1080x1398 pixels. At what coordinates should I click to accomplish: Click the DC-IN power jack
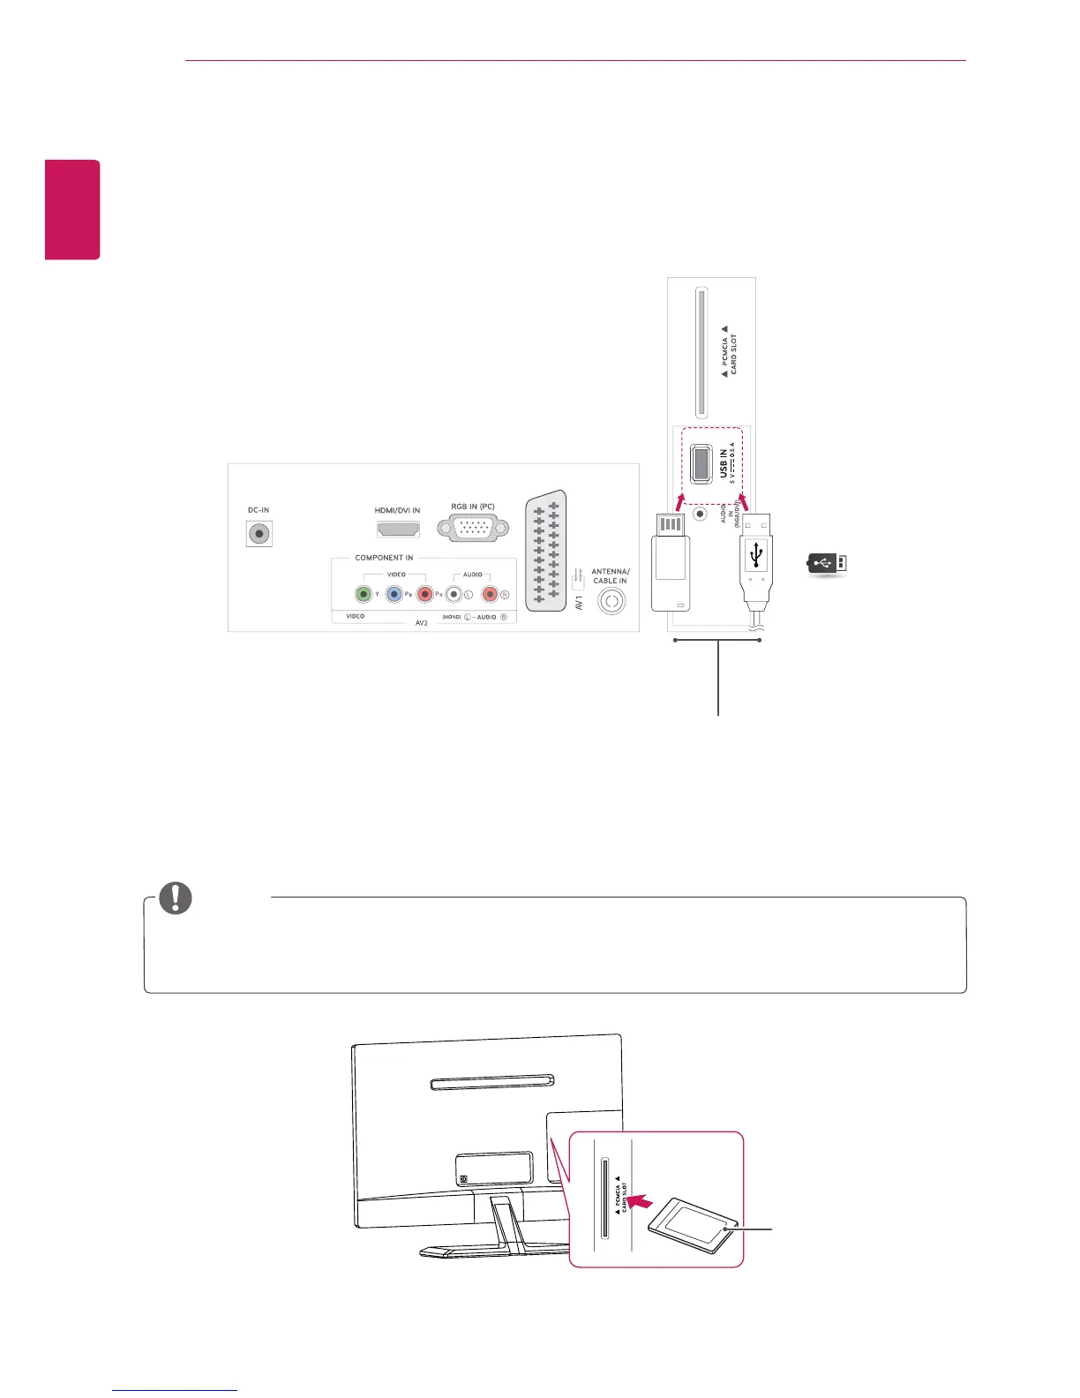pyautogui.click(x=259, y=534)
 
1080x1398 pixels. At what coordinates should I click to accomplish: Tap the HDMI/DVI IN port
pyautogui.click(x=398, y=529)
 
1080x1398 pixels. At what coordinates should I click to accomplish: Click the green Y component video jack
pyautogui.click(x=363, y=594)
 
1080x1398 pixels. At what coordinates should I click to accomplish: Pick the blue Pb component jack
pyautogui.click(x=394, y=594)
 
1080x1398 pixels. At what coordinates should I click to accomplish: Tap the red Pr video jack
pyautogui.click(x=425, y=594)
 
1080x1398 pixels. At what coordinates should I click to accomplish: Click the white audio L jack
pyautogui.click(x=454, y=594)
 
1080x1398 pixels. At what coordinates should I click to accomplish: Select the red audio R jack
pyautogui.click(x=490, y=594)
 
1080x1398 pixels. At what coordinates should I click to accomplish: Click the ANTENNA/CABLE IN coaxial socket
pyautogui.click(x=611, y=602)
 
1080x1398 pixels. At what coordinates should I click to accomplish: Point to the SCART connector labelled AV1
pyautogui.click(x=546, y=552)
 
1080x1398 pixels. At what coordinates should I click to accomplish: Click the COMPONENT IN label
pyautogui.click(x=384, y=558)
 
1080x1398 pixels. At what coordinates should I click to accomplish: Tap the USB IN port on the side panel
pyautogui.click(x=701, y=464)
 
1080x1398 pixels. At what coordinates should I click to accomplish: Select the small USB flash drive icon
pyautogui.click(x=828, y=562)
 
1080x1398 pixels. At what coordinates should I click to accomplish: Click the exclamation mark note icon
pyautogui.click(x=175, y=898)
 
